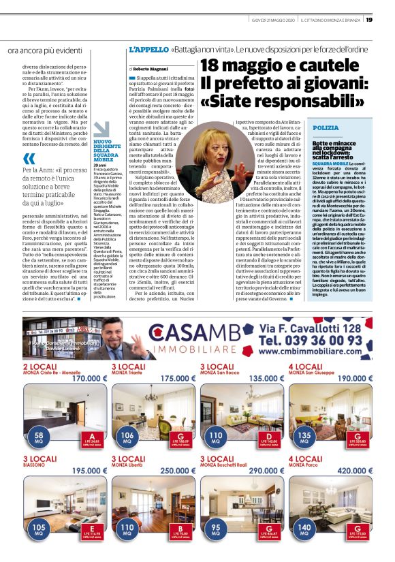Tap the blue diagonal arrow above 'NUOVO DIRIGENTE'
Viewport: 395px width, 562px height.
[101, 129]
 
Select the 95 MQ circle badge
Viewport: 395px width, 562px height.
[216, 530]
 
